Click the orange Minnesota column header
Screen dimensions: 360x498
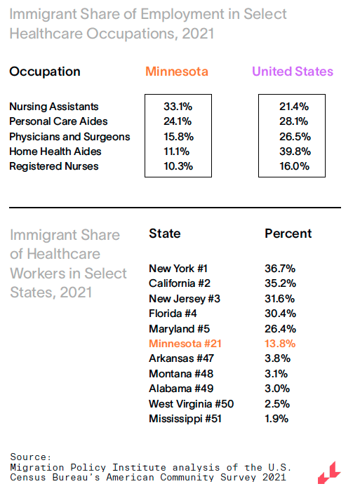click(177, 72)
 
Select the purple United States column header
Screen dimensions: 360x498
click(293, 72)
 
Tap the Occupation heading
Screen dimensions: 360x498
click(45, 72)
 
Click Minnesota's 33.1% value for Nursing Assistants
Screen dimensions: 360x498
click(178, 107)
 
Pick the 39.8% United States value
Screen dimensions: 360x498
click(295, 152)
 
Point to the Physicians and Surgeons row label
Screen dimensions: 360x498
click(69, 137)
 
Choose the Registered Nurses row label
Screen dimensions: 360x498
click(54, 166)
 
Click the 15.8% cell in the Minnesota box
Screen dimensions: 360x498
click(178, 137)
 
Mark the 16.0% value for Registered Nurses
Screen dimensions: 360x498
click(294, 166)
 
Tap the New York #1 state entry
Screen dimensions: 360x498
click(178, 269)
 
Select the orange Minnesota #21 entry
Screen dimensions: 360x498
click(185, 344)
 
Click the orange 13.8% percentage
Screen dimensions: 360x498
click(280, 344)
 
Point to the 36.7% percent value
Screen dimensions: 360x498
click(280, 269)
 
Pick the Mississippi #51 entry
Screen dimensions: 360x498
click(185, 419)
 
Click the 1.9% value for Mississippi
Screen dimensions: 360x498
click(276, 419)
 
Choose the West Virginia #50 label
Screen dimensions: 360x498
click(192, 404)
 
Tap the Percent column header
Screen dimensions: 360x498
click(288, 234)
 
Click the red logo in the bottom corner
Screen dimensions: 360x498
click(329, 473)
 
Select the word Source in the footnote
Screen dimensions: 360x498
click(30, 457)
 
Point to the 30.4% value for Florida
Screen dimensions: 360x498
click(280, 314)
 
